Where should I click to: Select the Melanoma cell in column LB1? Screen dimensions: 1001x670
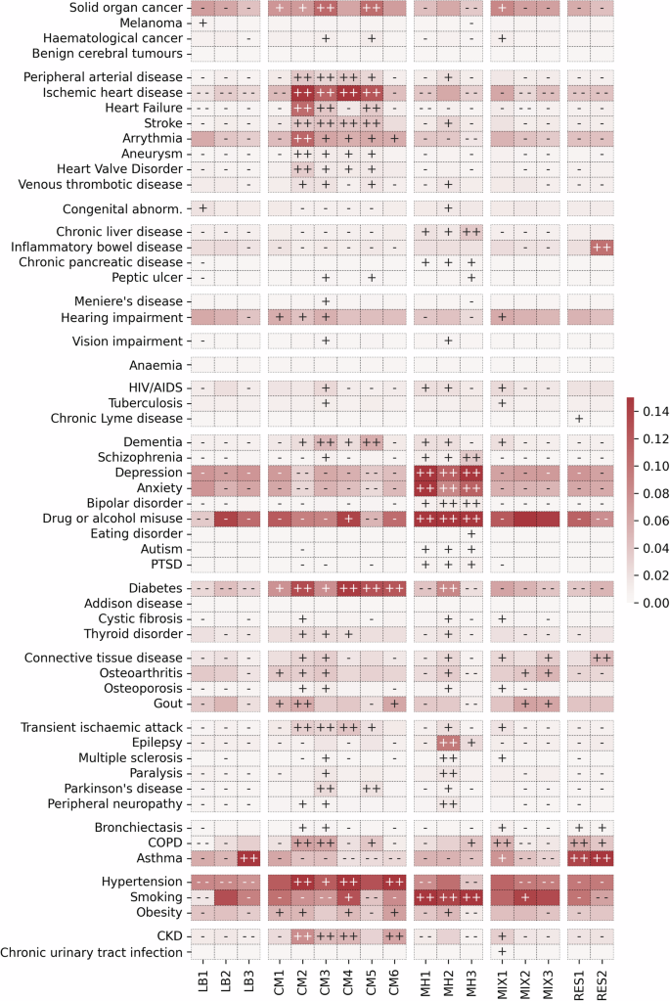click(202, 23)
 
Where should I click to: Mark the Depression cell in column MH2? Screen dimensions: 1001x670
click(449, 474)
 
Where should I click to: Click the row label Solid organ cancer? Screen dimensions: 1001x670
click(125, 8)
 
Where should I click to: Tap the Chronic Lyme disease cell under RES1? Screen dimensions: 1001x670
click(578, 419)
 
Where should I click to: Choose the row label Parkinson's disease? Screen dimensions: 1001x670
click(120, 788)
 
